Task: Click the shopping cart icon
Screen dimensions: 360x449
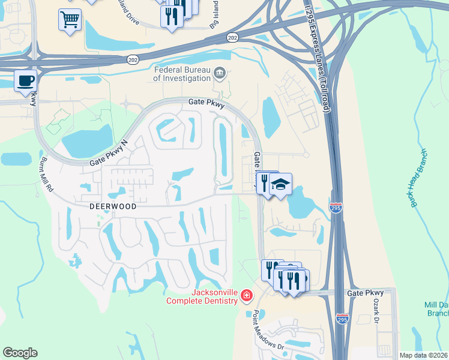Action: point(70,20)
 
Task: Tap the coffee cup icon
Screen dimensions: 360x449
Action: point(25,81)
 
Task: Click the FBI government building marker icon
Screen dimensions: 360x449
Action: point(220,74)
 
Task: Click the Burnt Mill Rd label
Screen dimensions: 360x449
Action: point(46,174)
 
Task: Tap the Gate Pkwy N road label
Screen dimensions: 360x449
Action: point(109,154)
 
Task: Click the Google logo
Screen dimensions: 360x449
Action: point(20,353)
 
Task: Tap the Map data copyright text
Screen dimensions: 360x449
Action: point(424,355)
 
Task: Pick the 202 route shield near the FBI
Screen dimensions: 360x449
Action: point(133,59)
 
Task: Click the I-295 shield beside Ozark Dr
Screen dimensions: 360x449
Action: point(342,318)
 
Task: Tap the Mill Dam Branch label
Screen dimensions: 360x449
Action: point(438,309)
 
